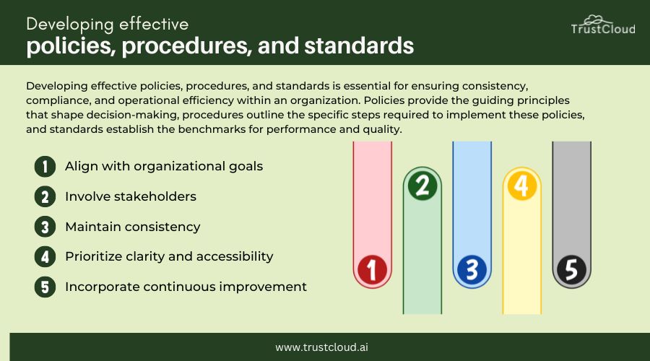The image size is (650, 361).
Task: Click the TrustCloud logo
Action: (603, 25)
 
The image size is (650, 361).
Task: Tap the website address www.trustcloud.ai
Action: (321, 347)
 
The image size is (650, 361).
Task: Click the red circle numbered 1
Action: (372, 270)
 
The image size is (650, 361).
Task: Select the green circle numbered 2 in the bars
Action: (422, 186)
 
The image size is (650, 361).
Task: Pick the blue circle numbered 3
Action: (472, 270)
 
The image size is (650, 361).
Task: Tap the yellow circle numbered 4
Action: (522, 186)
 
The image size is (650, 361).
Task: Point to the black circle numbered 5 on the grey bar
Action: (572, 270)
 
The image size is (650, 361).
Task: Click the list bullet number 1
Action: (45, 167)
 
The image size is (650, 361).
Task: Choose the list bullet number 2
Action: (45, 197)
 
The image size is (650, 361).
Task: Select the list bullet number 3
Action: (45, 227)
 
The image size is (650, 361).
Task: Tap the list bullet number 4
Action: (45, 256)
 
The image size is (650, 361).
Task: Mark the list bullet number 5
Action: (45, 287)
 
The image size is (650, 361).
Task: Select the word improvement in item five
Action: (263, 287)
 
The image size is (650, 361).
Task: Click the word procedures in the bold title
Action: (186, 45)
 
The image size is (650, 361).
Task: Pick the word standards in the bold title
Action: (359, 45)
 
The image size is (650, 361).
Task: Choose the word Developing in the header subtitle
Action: (69, 25)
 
